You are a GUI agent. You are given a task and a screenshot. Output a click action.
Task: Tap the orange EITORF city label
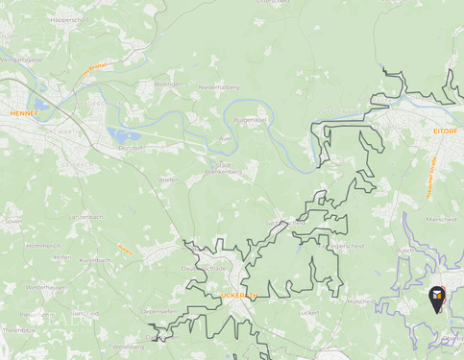[x=445, y=130]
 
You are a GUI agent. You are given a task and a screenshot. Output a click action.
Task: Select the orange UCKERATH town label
[x=240, y=295]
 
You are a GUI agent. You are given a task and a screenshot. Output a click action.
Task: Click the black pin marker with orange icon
[x=437, y=298]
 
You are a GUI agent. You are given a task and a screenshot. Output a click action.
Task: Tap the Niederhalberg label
[x=218, y=87]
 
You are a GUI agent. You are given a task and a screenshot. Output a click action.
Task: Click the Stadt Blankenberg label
[x=223, y=168]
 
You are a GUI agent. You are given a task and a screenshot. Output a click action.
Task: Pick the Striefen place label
[x=168, y=180]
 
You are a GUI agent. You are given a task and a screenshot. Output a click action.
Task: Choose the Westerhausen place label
[x=45, y=287]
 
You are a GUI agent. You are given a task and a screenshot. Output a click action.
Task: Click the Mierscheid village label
[x=440, y=219]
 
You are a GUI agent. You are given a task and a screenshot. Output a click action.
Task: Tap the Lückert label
[x=308, y=312]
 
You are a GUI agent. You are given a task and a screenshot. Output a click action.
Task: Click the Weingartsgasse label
[x=21, y=59]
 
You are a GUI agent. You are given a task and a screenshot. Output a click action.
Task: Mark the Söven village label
[x=12, y=221]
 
